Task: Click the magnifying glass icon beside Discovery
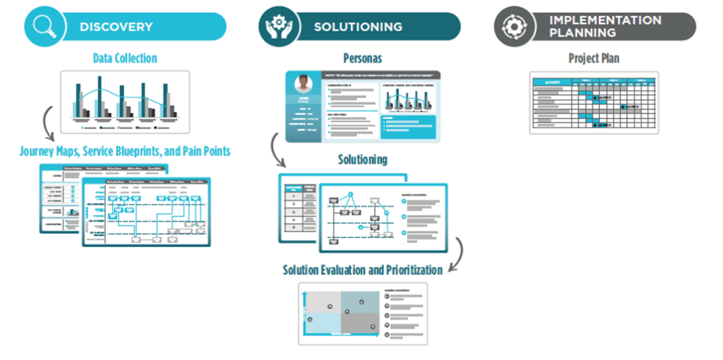pyautogui.click(x=44, y=27)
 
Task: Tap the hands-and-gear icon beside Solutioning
pyautogui.click(x=278, y=27)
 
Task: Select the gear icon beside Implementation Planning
pyautogui.click(x=513, y=27)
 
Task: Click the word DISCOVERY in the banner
pyautogui.click(x=116, y=27)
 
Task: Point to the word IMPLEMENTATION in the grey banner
pyautogui.click(x=605, y=21)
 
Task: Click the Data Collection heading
pyautogui.click(x=125, y=58)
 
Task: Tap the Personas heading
pyautogui.click(x=362, y=58)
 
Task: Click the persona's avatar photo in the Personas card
pyautogui.click(x=303, y=84)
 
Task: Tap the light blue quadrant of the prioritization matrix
pyautogui.click(x=322, y=323)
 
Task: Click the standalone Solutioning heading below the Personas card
pyautogui.click(x=362, y=159)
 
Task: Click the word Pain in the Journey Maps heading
pyautogui.click(x=191, y=151)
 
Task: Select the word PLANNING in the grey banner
pyautogui.click(x=583, y=33)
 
